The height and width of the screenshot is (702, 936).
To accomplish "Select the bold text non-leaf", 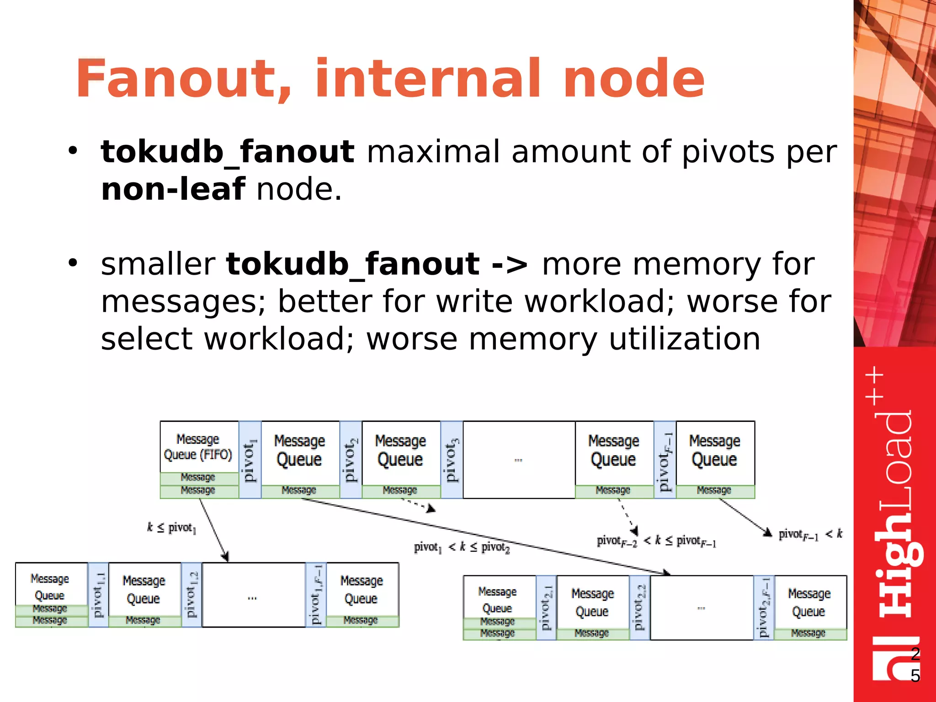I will tap(173, 189).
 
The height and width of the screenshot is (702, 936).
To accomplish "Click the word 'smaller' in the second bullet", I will tap(158, 264).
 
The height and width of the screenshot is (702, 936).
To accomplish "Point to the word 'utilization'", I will tap(684, 339).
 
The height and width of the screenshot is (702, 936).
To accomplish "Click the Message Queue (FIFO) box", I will tap(199, 447).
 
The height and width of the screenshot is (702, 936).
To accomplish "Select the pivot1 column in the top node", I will tap(250, 460).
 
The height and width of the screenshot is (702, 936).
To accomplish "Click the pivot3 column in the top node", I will tap(452, 460).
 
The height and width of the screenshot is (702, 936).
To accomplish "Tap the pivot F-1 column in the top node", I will tap(665, 460).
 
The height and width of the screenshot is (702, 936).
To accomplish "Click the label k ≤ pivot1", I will tap(171, 528).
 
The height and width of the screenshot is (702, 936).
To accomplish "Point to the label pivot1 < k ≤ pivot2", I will tap(462, 547).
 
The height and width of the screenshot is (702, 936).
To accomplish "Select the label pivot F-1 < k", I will tap(810, 534).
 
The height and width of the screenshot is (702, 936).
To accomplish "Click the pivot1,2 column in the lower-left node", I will tap(191, 595).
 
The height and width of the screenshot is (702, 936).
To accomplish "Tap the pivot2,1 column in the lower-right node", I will tap(546, 607).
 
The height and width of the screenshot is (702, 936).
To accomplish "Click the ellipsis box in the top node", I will tap(519, 460).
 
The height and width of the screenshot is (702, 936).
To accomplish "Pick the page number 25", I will tap(915, 665).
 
